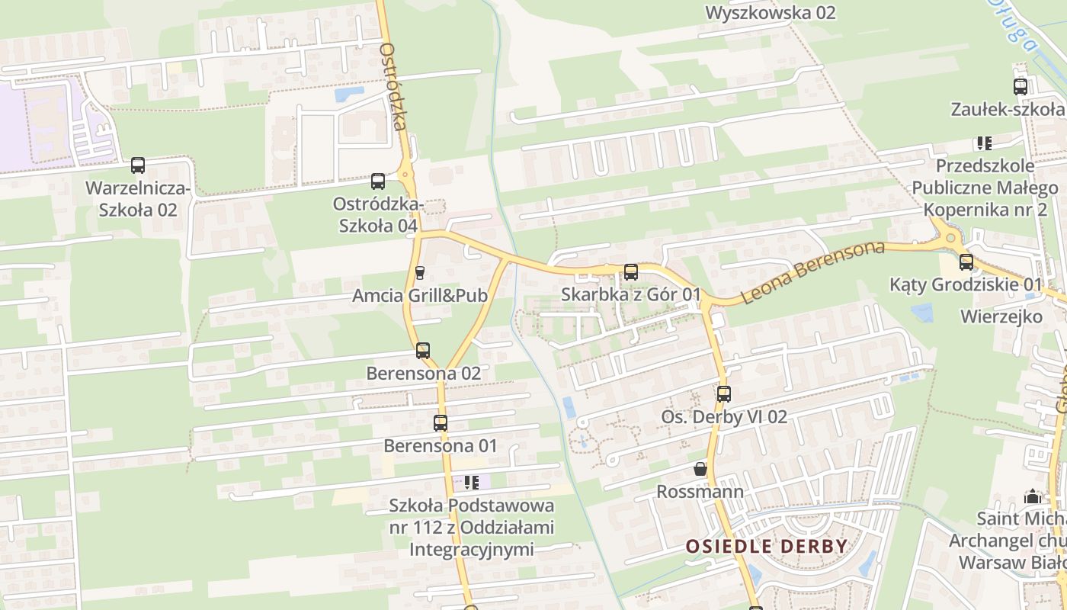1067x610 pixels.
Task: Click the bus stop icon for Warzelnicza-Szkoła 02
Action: tap(138, 165)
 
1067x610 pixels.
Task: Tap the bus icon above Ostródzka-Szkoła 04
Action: tap(378, 181)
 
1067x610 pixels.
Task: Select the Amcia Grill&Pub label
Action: tap(419, 295)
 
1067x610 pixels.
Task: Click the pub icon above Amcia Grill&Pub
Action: tap(419, 273)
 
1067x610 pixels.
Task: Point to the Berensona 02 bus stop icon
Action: tap(423, 351)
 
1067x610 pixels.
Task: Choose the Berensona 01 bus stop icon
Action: tap(441, 423)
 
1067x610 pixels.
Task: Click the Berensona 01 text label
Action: tap(441, 445)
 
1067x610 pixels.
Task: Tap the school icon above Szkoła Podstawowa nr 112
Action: tap(471, 482)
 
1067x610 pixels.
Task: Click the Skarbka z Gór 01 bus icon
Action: tap(631, 272)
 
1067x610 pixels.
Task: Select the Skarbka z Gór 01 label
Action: tap(631, 294)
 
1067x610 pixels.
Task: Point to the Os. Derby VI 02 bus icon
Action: tap(724, 394)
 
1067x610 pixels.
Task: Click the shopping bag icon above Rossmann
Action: tap(700, 469)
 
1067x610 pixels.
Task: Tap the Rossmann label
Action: tap(700, 491)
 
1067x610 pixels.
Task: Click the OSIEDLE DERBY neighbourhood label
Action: tap(766, 546)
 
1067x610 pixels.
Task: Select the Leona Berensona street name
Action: tap(812, 272)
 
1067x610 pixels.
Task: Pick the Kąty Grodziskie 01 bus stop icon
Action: tap(966, 262)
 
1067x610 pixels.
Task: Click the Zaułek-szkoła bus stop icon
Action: tap(1021, 87)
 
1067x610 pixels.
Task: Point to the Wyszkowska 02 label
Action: tap(771, 12)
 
